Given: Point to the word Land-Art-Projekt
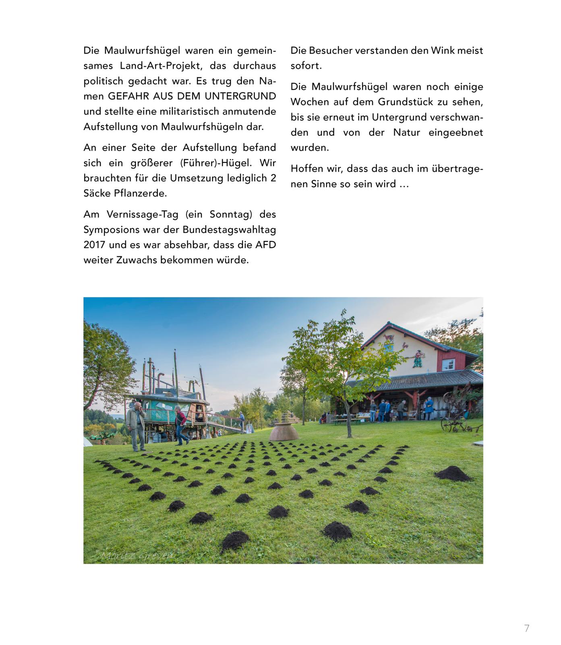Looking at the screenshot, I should point(159,66).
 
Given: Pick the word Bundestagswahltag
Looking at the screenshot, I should point(229,229).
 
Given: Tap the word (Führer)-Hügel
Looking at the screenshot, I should point(216,163).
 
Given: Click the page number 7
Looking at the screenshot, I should point(527,628).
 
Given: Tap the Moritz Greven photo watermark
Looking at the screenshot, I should point(137,556).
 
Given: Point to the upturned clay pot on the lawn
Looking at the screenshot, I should point(284,433).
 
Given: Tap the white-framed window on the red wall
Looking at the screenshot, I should point(448,364).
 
